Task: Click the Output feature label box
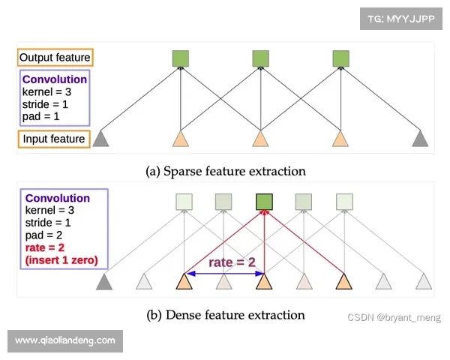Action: tap(55, 58)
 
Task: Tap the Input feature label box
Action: tap(52, 139)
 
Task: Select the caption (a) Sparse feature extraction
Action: tap(225, 171)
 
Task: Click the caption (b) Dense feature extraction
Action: tap(224, 314)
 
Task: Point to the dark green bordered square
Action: tap(262, 202)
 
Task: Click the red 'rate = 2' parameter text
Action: tap(41, 249)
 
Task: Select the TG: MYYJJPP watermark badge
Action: tap(401, 17)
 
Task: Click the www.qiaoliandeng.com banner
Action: tap(65, 340)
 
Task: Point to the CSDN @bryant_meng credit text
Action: tap(394, 318)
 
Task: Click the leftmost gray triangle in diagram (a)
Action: tap(101, 139)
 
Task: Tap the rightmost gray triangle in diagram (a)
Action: tap(421, 139)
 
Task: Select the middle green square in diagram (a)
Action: tap(260, 58)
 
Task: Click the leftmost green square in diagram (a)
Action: tap(180, 58)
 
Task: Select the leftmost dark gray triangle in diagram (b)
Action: tap(103, 283)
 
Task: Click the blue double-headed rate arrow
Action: tap(223, 274)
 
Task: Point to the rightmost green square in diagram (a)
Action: tap(340, 58)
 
